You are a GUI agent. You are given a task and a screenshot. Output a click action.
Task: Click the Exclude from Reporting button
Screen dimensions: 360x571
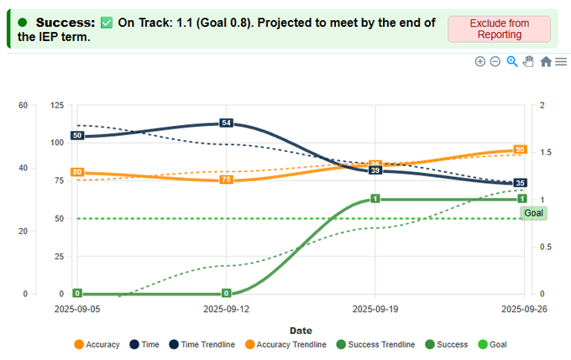pos(499,29)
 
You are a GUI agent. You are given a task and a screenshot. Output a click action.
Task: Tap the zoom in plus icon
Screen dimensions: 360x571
pos(480,61)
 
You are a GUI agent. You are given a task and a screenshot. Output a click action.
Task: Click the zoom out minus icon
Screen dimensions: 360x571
pos(495,61)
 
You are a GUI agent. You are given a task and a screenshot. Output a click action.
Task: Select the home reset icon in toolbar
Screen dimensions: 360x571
pos(546,61)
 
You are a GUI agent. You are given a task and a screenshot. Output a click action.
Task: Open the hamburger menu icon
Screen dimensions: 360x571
pos(561,61)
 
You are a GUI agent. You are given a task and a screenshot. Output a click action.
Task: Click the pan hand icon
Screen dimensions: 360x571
pos(528,61)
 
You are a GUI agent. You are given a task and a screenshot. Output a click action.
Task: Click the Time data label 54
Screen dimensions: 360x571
pos(226,123)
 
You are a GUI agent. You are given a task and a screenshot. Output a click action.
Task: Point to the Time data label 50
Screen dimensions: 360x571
pos(76,135)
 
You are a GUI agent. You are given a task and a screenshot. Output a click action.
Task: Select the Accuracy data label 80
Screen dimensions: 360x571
pos(76,172)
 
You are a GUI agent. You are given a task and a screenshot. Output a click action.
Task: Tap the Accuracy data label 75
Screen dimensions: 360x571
pos(226,180)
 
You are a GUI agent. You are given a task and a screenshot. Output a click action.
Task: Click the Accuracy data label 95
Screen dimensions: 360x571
pos(520,149)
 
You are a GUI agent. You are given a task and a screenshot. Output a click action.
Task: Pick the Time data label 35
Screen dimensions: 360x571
pos(520,183)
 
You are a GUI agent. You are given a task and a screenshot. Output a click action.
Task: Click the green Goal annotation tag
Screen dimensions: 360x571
pos(533,213)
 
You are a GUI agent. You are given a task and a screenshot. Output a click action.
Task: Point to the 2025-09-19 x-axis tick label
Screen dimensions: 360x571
pos(375,309)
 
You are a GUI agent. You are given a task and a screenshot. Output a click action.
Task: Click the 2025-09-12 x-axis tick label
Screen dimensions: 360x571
pos(226,309)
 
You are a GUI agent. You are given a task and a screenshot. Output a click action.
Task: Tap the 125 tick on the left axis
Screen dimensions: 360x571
pos(57,105)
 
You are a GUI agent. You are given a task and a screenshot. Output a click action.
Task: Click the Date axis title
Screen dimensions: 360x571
pos(301,331)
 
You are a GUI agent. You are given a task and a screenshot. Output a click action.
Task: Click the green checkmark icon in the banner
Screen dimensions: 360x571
pos(107,22)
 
